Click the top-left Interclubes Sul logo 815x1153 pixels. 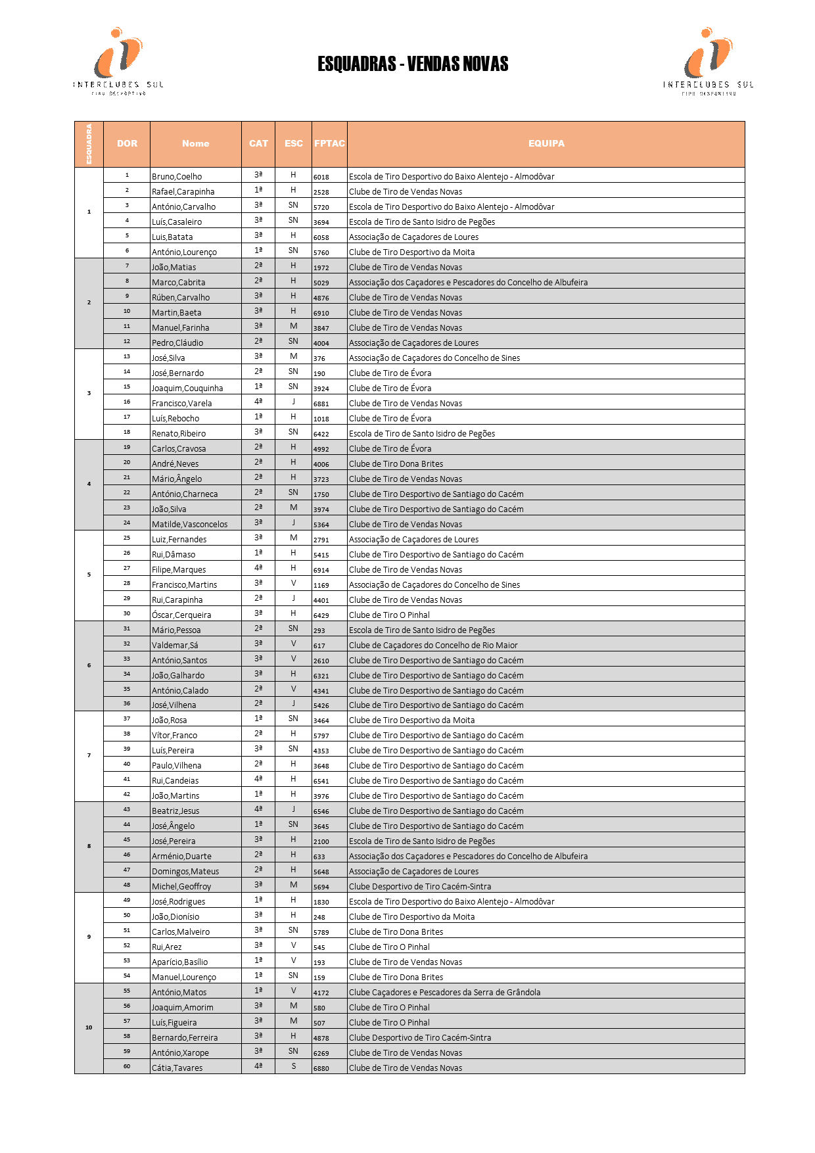pyautogui.click(x=118, y=61)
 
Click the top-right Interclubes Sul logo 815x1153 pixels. pyautogui.click(x=708, y=61)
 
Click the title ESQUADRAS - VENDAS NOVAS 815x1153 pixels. pyautogui.click(x=413, y=64)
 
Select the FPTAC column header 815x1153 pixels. pyautogui.click(x=329, y=143)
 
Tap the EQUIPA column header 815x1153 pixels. pyautogui.click(x=546, y=143)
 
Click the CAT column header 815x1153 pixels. pyautogui.click(x=258, y=143)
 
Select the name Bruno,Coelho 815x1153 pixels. pyautogui.click(x=177, y=176)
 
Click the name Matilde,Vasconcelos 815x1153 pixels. pyautogui.click(x=189, y=524)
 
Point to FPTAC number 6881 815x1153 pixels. pyautogui.click(x=321, y=404)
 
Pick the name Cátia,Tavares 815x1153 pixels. pyautogui.click(x=177, y=1068)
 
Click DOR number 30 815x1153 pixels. pyautogui.click(x=127, y=613)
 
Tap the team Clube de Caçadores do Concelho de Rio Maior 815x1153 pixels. pyautogui.click(x=433, y=645)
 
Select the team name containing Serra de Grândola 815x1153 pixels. pyautogui.click(x=444, y=992)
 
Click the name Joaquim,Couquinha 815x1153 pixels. pyautogui.click(x=187, y=388)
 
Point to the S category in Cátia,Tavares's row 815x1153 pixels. pyautogui.click(x=294, y=1066)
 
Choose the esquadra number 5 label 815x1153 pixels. pyautogui.click(x=89, y=575)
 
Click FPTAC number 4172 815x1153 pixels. pyautogui.click(x=321, y=993)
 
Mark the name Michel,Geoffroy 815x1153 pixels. pyautogui.click(x=181, y=886)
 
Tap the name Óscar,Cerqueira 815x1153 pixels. pyautogui.click(x=181, y=615)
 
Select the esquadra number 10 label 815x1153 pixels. pyautogui.click(x=89, y=1027)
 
